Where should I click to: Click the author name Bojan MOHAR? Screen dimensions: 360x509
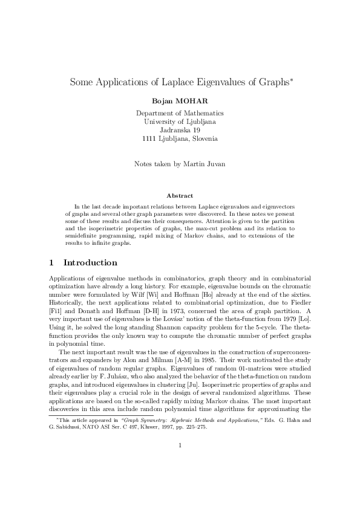(180, 100)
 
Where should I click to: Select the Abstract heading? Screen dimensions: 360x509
(180, 195)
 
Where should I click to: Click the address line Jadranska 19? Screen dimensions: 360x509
(180, 130)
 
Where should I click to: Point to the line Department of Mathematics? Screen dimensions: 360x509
(180, 113)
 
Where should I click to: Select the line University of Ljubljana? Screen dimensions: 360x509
(180, 122)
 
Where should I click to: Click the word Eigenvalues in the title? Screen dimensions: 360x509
(211, 81)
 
